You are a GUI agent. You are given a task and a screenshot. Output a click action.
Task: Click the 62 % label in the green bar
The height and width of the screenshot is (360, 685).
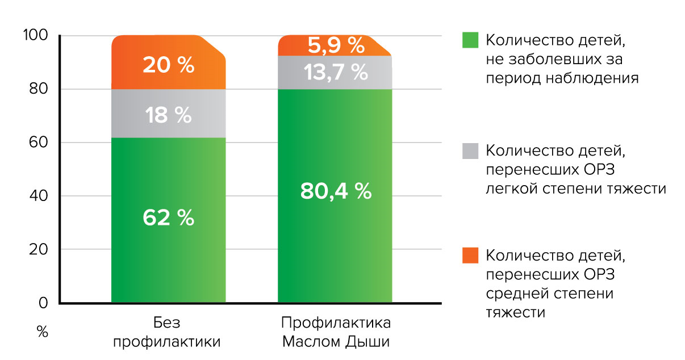tap(168, 218)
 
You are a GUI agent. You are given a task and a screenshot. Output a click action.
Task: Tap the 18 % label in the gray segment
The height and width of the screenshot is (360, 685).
tap(168, 115)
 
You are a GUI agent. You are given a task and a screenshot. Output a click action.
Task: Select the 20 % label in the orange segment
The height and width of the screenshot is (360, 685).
tap(168, 65)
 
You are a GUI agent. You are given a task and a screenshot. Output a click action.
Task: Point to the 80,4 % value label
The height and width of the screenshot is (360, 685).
tap(336, 191)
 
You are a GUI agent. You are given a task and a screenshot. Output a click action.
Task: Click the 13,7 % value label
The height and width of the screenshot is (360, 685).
tap(336, 72)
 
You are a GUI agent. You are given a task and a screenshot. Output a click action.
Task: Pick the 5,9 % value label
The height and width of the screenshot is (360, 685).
tap(336, 44)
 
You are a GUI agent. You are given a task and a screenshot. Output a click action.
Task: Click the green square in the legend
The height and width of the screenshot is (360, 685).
tap(471, 41)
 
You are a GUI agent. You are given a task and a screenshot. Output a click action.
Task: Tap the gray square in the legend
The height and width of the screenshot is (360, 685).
tap(471, 151)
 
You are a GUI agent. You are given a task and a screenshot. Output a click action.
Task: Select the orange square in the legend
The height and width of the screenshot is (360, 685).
tap(471, 256)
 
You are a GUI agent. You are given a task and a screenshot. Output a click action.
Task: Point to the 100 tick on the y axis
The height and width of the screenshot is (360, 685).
tap(37, 36)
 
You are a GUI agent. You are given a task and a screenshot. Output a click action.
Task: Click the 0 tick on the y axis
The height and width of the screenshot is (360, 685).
tap(44, 303)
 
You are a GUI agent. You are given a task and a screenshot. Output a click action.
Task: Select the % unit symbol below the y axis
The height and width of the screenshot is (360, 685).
tap(43, 332)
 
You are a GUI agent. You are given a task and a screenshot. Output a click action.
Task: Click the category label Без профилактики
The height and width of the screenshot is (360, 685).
tap(167, 333)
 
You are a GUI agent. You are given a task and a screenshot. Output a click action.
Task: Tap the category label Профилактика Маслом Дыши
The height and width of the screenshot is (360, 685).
tap(336, 333)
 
